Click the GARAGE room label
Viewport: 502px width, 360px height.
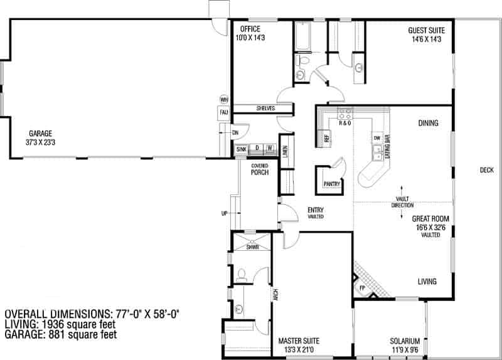(39, 133)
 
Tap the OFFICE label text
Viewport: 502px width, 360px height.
(248, 29)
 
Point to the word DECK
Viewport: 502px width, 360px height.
(486, 169)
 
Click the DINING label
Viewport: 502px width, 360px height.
(428, 124)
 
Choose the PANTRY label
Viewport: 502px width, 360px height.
(332, 184)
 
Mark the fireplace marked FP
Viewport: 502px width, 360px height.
(362, 288)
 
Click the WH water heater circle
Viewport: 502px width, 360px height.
(223, 99)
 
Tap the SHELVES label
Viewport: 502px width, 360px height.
(265, 109)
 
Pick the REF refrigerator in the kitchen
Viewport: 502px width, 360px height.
(326, 137)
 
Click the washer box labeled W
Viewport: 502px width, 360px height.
(270, 149)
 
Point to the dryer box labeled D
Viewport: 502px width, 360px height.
(256, 149)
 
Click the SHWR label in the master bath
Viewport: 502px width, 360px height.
(252, 247)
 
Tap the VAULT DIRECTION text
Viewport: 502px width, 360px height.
(402, 202)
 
